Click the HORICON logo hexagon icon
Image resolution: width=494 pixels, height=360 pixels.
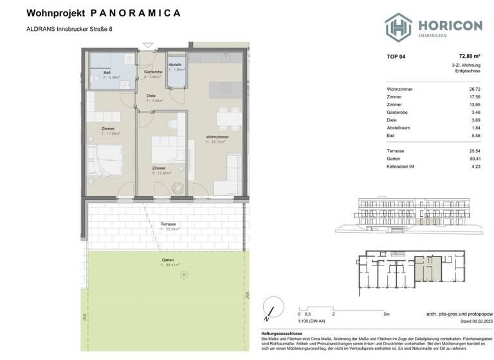(399, 26)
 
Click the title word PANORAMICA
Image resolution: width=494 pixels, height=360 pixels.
(136, 12)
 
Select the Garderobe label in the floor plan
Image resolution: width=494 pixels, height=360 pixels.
(152, 72)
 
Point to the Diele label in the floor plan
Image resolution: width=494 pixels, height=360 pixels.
(151, 96)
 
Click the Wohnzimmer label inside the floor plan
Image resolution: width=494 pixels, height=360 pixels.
(215, 136)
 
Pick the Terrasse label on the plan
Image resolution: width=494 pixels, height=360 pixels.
(170, 224)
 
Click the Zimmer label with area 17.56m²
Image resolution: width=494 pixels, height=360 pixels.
(108, 129)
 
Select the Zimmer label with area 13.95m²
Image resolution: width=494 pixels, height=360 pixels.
(158, 168)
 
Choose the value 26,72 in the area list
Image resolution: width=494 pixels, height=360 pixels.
(475, 89)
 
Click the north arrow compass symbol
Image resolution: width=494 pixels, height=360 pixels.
(272, 309)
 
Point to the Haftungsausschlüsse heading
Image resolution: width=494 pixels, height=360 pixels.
(282, 334)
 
